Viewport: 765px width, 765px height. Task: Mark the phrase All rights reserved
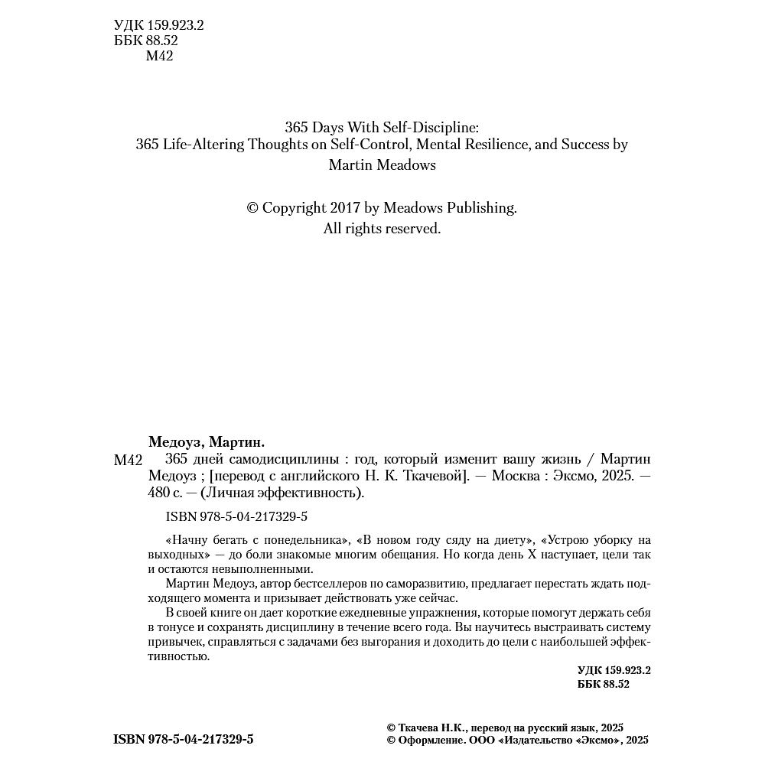382,228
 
